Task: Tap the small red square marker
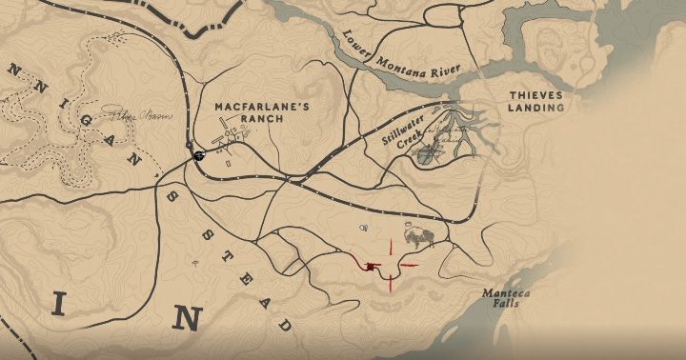coord(370,268)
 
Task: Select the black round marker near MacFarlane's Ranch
coord(199,156)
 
